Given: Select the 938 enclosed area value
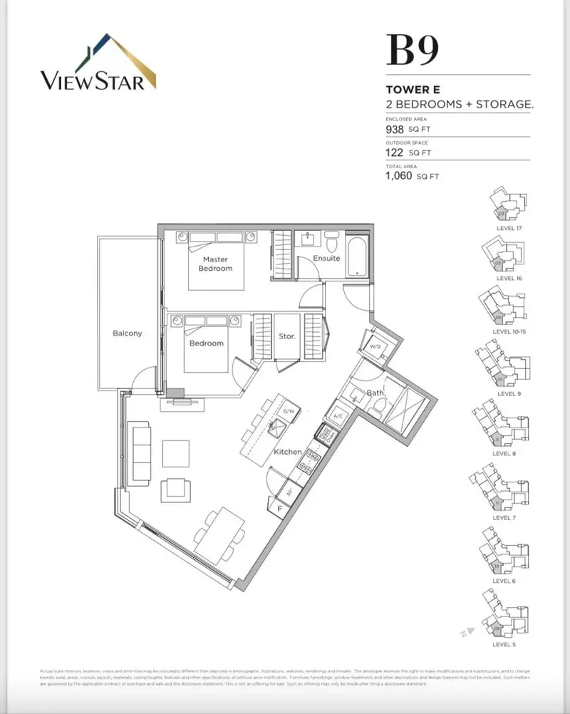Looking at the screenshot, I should pyautogui.click(x=394, y=130).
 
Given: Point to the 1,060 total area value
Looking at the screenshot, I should pyautogui.click(x=399, y=175).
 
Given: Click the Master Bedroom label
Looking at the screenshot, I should pyautogui.click(x=214, y=264).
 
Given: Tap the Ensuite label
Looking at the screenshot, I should pyautogui.click(x=326, y=259).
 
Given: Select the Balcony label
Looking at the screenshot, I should pyautogui.click(x=127, y=333).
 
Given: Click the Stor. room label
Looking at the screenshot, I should pyautogui.click(x=286, y=336).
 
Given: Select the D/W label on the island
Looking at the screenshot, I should pyautogui.click(x=288, y=411).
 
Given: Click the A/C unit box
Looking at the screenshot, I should pyautogui.click(x=338, y=416).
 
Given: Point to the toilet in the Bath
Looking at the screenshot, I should pyautogui.click(x=380, y=408).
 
